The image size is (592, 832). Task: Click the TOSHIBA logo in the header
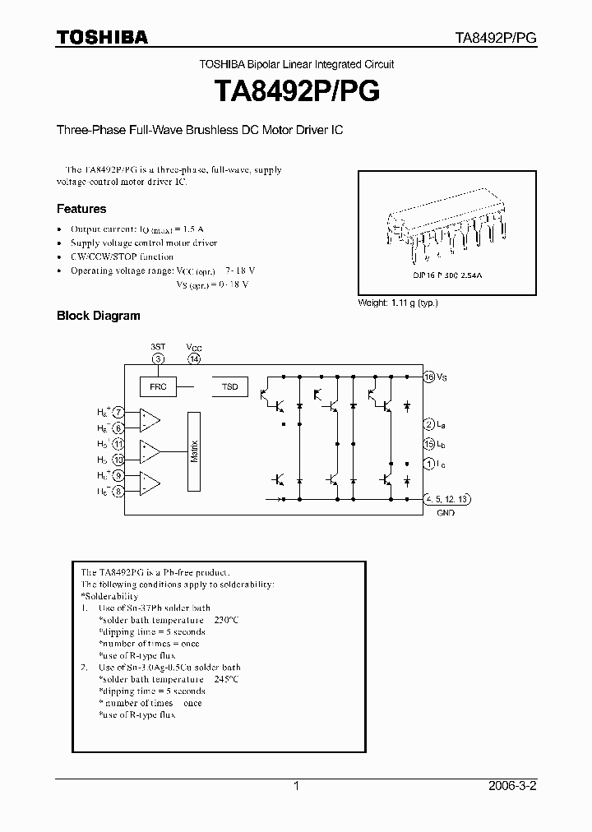[x=102, y=38]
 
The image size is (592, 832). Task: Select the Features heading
[x=81, y=209]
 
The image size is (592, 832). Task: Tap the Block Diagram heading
[x=98, y=315]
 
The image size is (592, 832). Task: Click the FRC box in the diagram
[x=157, y=386]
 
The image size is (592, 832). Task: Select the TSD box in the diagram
[x=229, y=386]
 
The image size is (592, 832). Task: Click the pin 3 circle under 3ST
[x=159, y=358]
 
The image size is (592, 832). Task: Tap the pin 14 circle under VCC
[x=194, y=358]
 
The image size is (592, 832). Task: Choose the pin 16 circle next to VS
[x=428, y=377]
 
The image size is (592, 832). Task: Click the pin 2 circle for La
[x=428, y=424]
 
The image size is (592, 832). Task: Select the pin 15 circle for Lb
[x=428, y=444]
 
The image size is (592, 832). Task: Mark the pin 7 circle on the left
[x=119, y=412]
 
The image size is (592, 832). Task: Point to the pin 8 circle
[x=119, y=492]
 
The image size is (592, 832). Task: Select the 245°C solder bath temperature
[x=225, y=679]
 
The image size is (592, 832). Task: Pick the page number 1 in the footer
[x=296, y=786]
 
